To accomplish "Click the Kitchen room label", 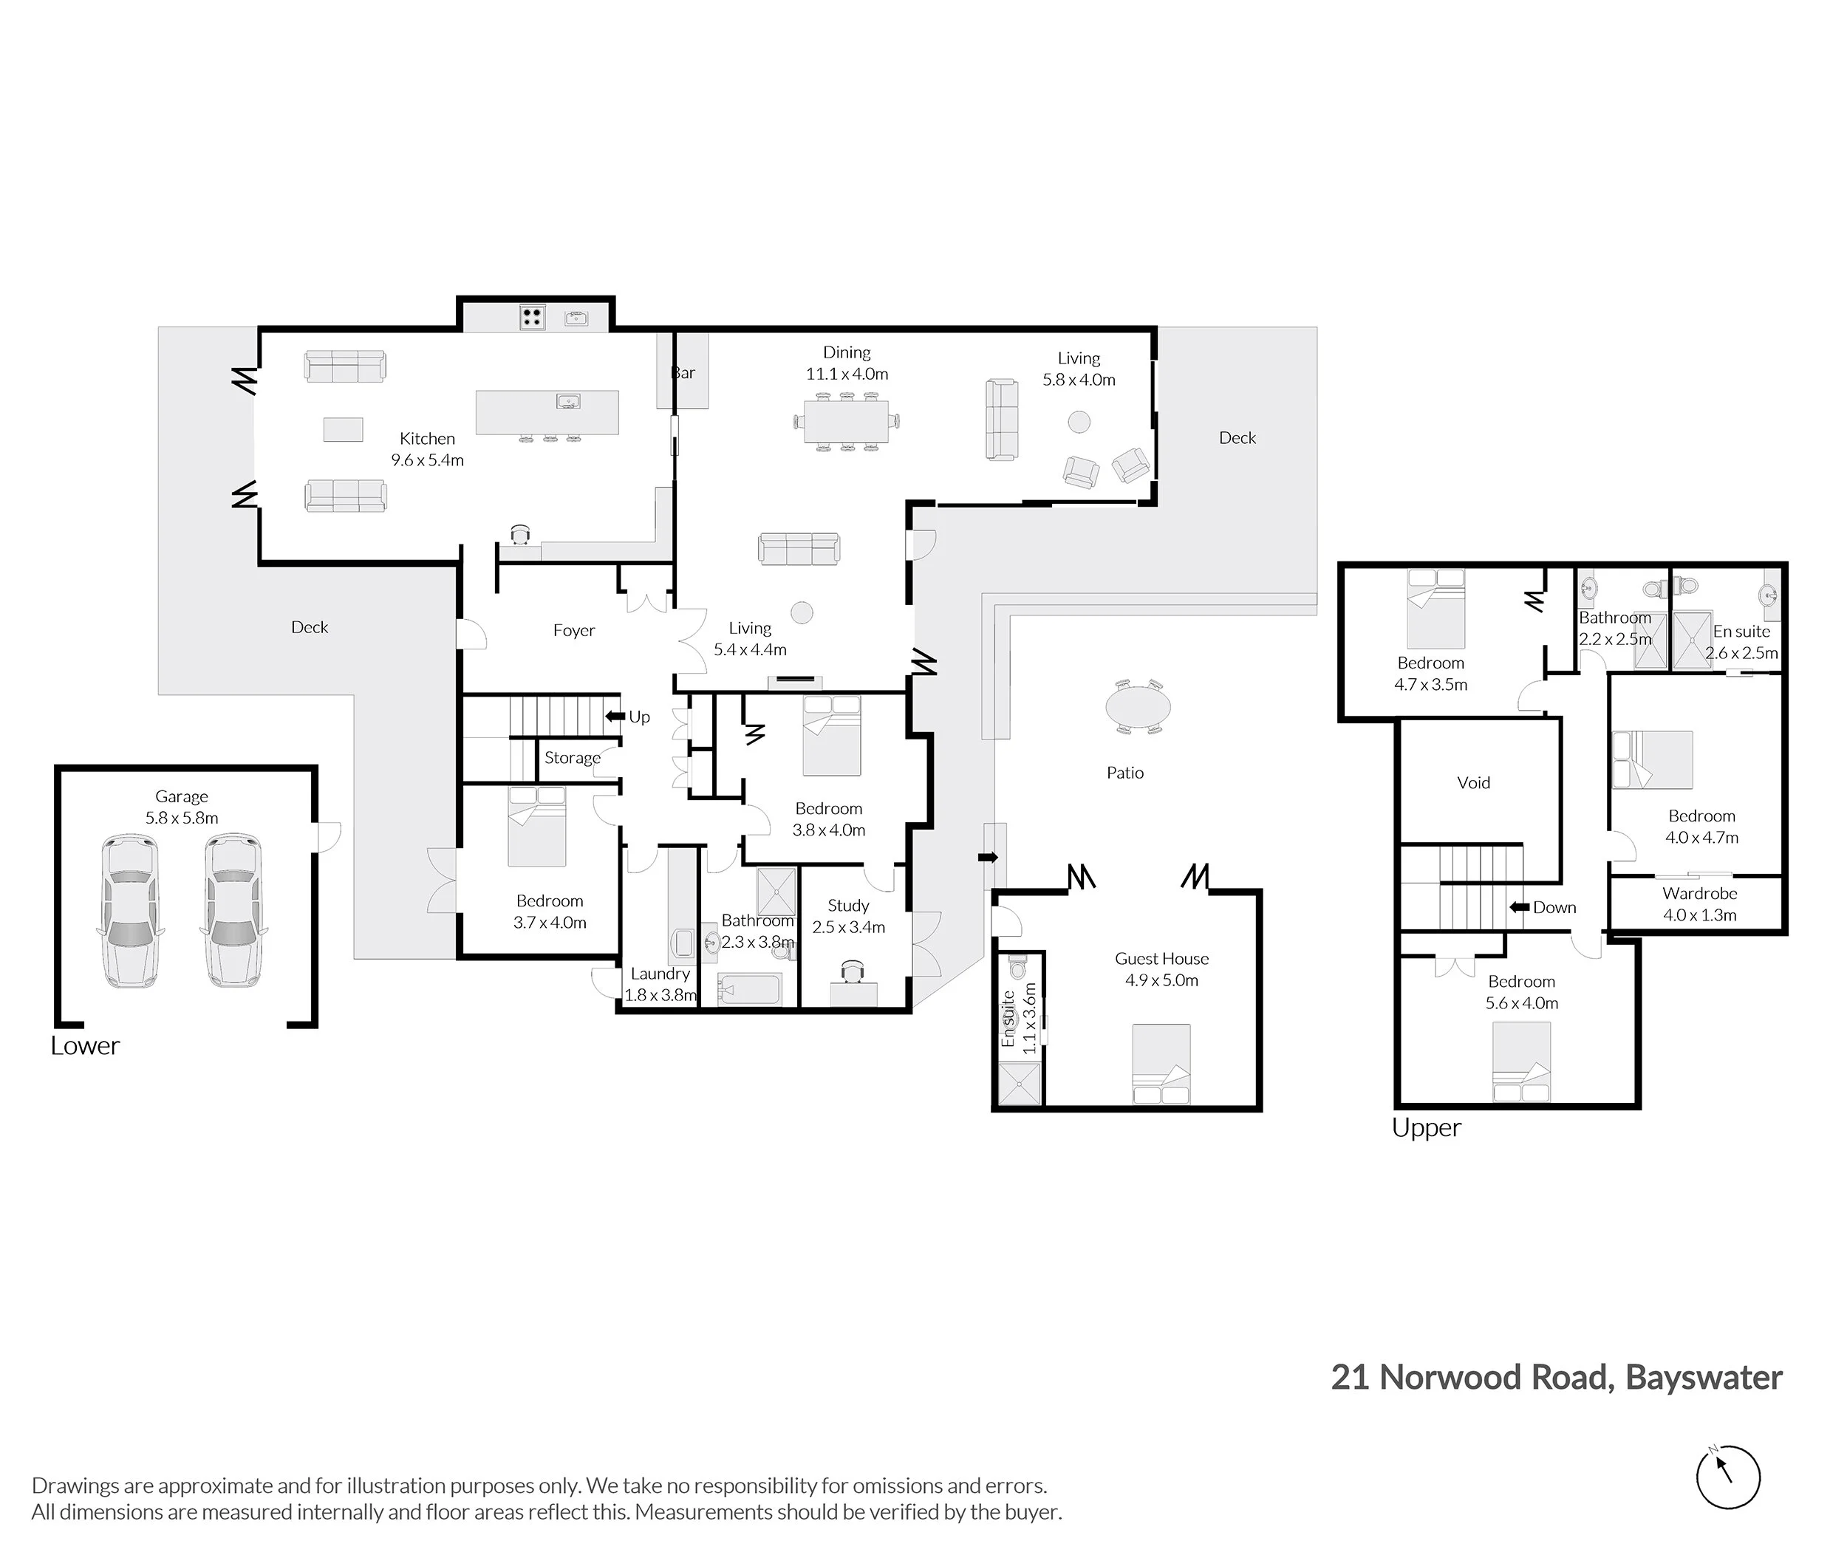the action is [x=428, y=439].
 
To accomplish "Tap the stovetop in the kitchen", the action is [x=532, y=316].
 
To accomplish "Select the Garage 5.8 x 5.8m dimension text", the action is [x=182, y=818].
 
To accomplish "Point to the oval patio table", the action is [x=1138, y=706].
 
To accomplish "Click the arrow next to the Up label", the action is [x=615, y=717].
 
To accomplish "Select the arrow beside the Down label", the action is [x=1518, y=907].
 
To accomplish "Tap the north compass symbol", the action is [x=1728, y=1477].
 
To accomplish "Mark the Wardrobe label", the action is [x=1700, y=894].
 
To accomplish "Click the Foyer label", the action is [x=574, y=630].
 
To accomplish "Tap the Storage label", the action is [x=572, y=758].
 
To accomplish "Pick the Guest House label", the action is [x=1162, y=959].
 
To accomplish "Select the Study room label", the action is [x=848, y=906].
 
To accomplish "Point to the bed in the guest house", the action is [x=1161, y=1063].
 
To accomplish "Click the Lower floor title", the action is [x=85, y=1045].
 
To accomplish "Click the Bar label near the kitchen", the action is [x=683, y=373].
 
